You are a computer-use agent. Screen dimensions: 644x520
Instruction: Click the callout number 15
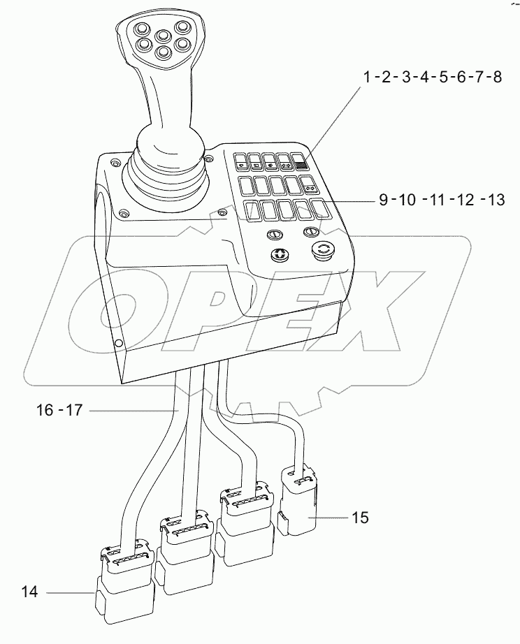pyautogui.click(x=361, y=518)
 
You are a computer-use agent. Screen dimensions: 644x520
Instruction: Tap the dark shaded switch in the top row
pyautogui.click(x=301, y=163)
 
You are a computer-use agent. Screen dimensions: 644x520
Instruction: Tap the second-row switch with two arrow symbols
pyautogui.click(x=310, y=186)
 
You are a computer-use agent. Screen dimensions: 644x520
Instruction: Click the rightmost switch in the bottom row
pyautogui.click(x=321, y=210)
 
